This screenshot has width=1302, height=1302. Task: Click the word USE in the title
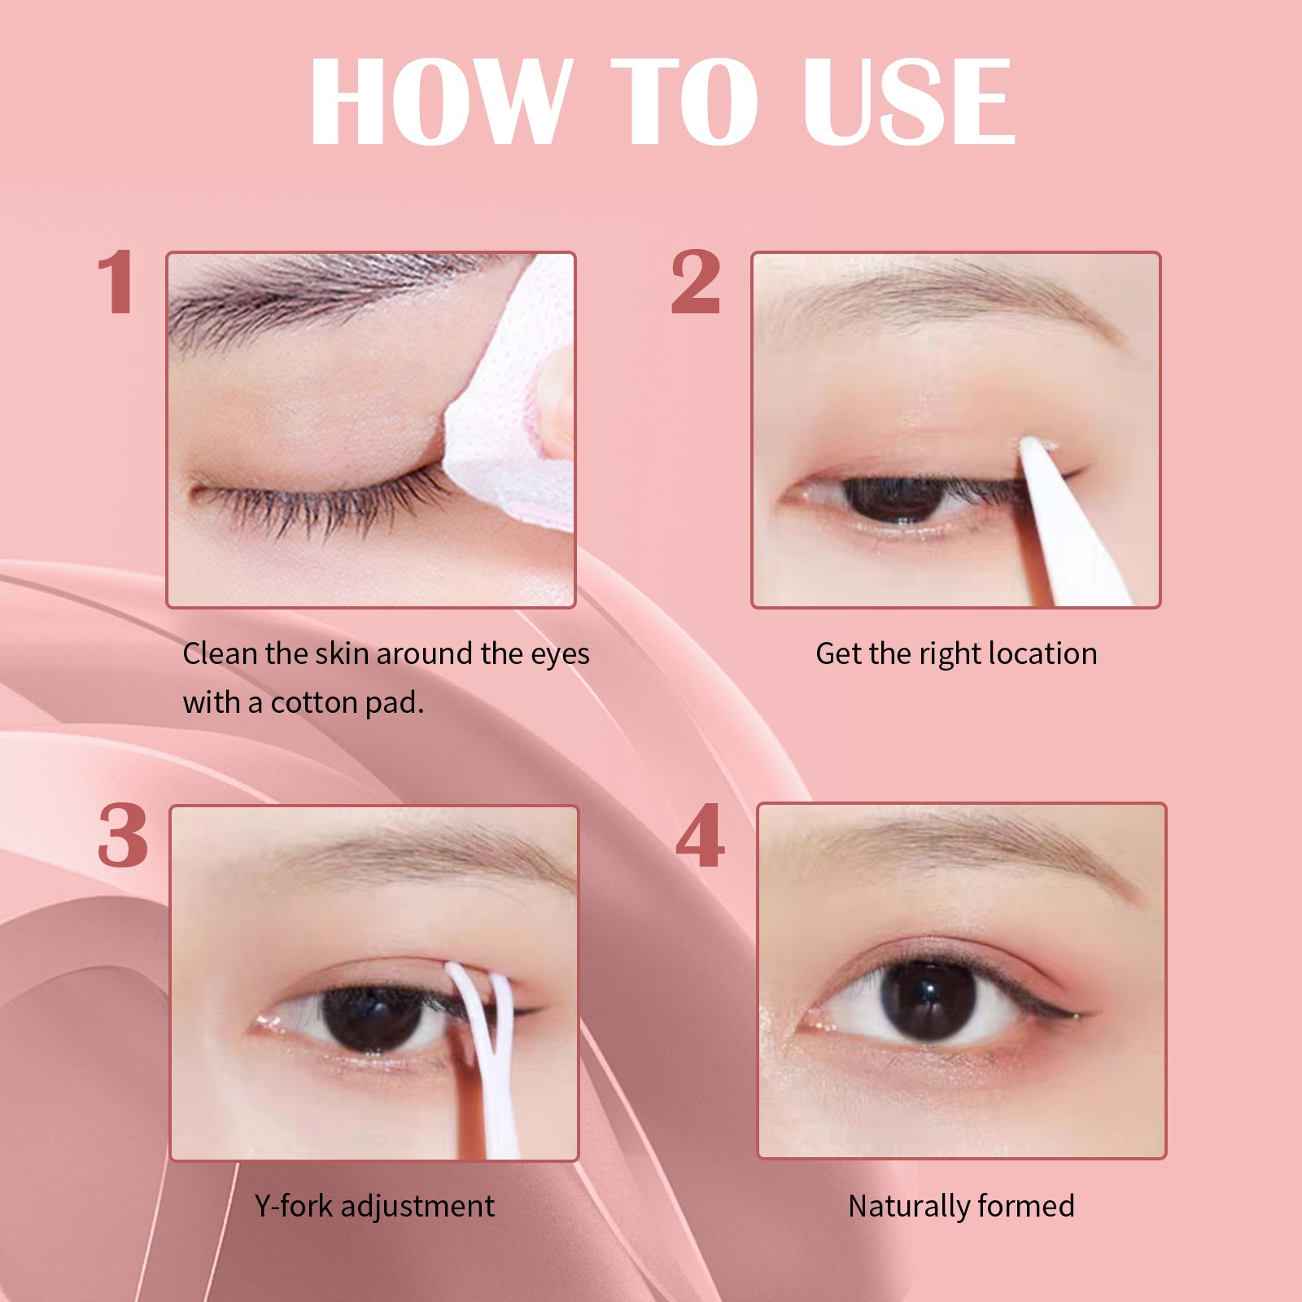909,102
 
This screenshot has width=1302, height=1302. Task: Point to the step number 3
123,836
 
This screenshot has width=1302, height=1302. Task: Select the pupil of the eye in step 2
895,499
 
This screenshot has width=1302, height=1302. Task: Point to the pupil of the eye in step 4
928,1001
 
